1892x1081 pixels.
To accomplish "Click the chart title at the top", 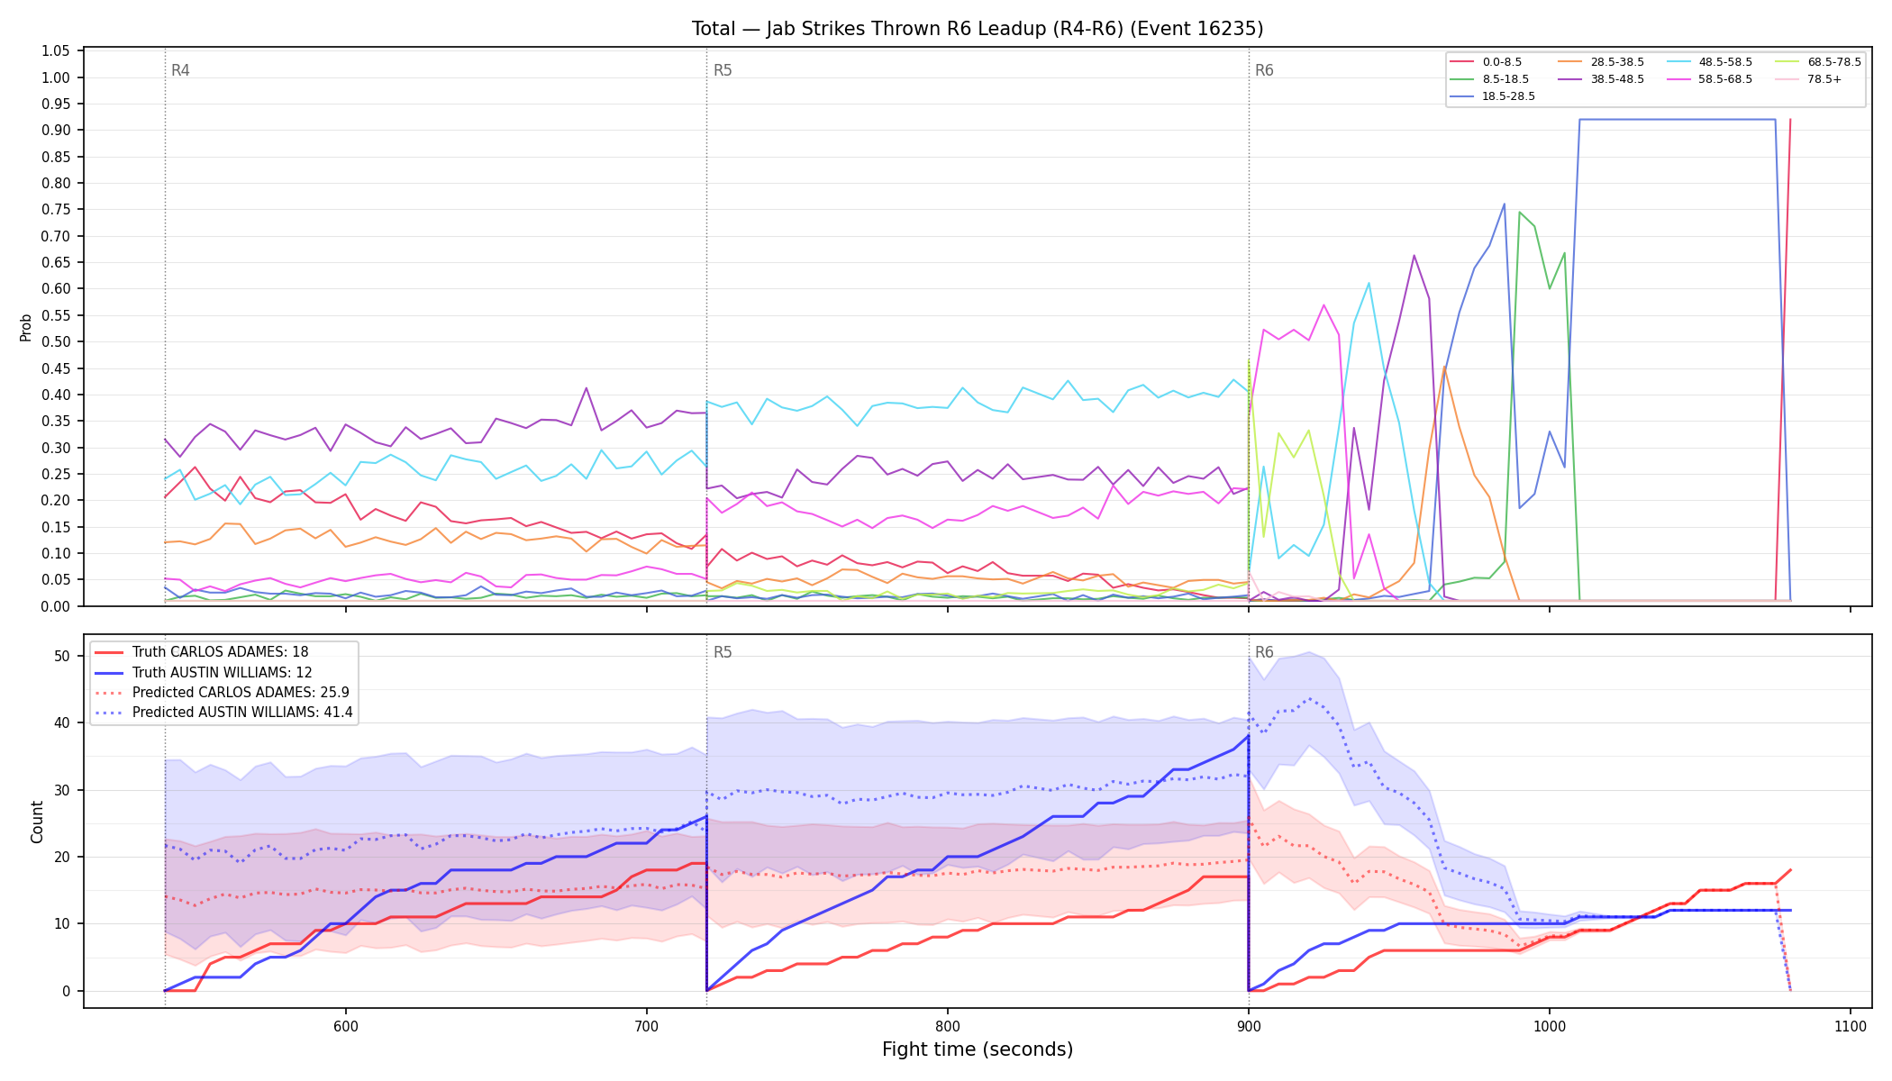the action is coord(978,29).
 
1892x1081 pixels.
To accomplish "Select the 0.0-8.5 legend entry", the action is coord(1487,62).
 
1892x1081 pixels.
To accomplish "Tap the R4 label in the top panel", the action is coord(180,70).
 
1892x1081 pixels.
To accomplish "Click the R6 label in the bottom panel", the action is coord(1264,652).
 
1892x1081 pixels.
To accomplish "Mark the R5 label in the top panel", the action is coord(723,70).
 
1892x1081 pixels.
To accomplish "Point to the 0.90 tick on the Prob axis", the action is coord(56,131).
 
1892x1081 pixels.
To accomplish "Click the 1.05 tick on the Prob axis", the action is coord(56,51).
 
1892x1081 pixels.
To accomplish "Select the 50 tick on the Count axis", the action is coord(62,657).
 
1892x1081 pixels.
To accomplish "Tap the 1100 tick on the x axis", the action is coord(1850,1027).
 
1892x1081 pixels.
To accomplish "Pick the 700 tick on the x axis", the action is coord(646,1027).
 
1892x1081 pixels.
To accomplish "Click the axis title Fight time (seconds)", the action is coord(978,1049).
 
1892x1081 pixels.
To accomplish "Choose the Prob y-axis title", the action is coord(26,327).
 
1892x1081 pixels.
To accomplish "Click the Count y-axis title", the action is coord(37,822).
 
